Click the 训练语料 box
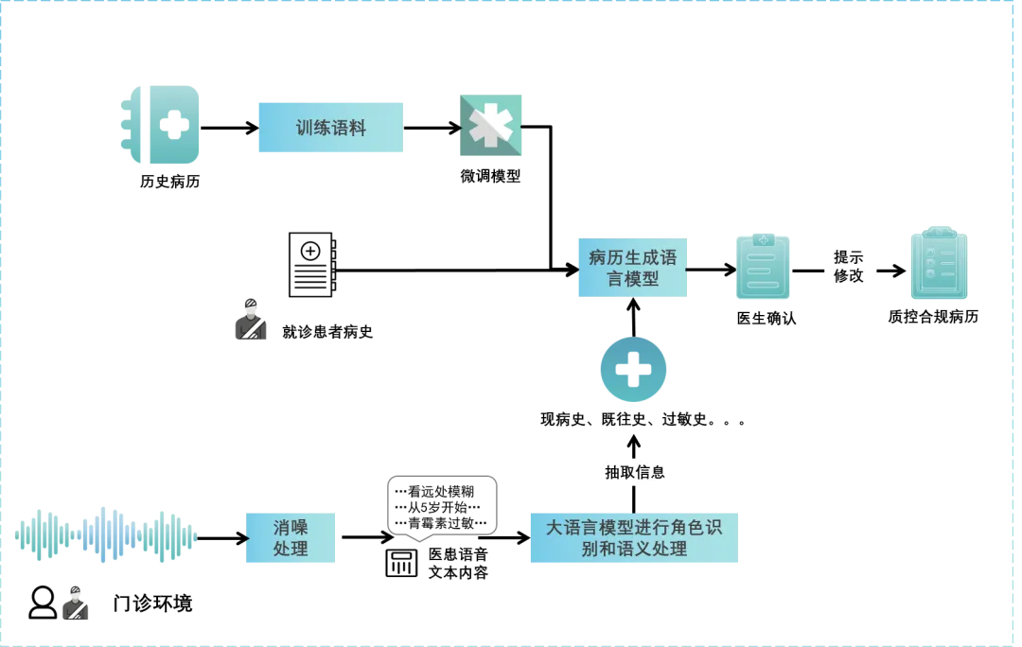330,128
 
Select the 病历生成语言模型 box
632,268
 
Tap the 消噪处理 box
291,537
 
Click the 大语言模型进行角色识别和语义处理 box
633,537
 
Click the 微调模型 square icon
490,125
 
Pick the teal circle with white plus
633,369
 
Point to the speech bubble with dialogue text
442,508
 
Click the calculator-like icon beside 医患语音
401,562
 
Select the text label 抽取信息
634,471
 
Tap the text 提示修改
848,266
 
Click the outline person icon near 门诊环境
43,603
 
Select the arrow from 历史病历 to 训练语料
229,128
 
